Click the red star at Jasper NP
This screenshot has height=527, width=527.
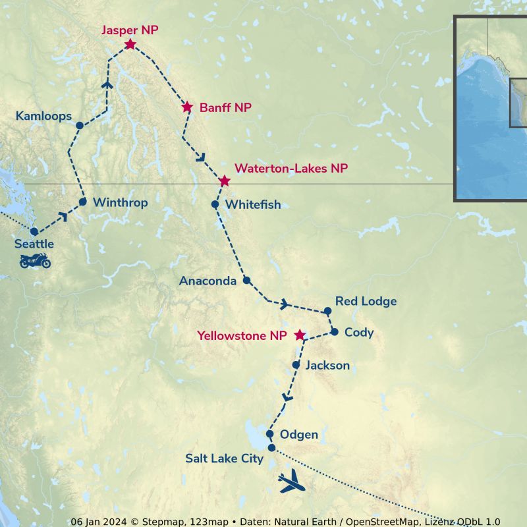[130, 45]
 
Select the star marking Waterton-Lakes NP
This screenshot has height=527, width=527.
[225, 180]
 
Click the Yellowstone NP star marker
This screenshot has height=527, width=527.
[300, 335]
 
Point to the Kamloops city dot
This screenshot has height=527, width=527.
[79, 125]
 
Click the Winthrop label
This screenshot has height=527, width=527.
[120, 202]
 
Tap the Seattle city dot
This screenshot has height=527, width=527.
[34, 231]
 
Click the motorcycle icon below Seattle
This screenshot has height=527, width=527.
[35, 261]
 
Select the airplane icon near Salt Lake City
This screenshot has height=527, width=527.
[292, 483]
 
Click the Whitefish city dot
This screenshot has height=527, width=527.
[215, 204]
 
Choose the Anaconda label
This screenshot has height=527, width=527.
[208, 281]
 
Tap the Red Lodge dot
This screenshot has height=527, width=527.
[327, 310]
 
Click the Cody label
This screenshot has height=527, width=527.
[359, 332]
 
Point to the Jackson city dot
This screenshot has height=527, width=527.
[296, 364]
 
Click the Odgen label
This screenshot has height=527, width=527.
[299, 435]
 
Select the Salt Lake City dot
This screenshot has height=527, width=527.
[271, 448]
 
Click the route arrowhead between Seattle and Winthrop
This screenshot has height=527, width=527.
[64, 215]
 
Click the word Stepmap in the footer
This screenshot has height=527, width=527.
[156, 522]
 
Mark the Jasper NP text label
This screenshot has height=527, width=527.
[130, 30]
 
